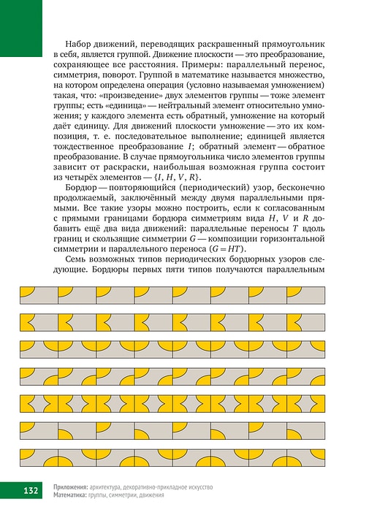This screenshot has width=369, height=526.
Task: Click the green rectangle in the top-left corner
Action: (x=21, y=28)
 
